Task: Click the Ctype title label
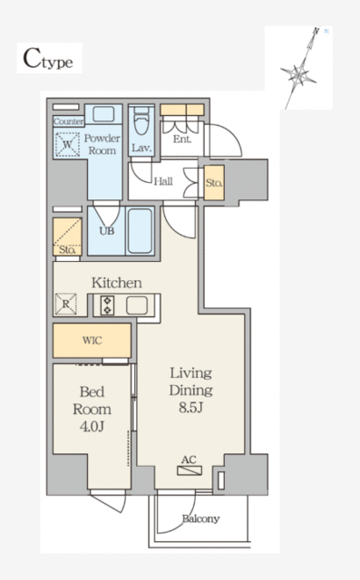point(48,59)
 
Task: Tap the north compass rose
point(299,73)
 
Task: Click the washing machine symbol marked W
point(67,144)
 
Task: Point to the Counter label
point(68,121)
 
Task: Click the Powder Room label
point(102,144)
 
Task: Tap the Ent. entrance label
point(182,139)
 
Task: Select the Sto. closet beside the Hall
point(214,183)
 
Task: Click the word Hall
point(163,181)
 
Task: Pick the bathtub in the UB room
point(140,231)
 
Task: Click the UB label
point(107,231)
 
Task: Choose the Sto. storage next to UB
point(67,237)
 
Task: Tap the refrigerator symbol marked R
point(66,304)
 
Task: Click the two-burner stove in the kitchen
point(107,305)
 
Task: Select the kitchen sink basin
point(137,305)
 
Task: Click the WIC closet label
point(92,341)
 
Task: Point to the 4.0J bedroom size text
point(92,427)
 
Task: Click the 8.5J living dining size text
point(191,407)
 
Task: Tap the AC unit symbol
point(190,470)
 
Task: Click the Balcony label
point(200,518)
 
